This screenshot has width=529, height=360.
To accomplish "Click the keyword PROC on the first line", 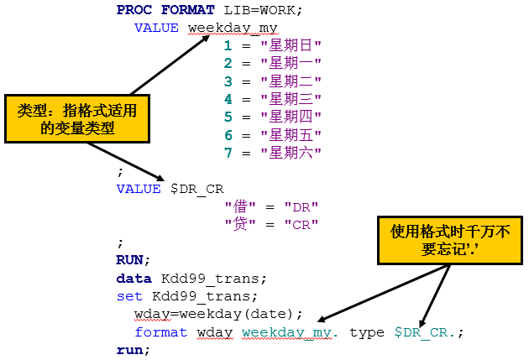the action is click(x=134, y=10).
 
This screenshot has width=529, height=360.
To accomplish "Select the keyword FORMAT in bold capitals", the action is click(x=187, y=10).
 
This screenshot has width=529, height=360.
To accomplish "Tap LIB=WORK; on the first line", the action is click(x=263, y=10).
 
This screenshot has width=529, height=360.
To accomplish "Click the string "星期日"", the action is click(x=291, y=45).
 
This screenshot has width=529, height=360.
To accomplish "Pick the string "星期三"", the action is click(x=291, y=99).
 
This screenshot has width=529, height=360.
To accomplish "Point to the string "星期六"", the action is click(x=291, y=153).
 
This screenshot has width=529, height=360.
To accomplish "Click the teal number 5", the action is click(x=228, y=117).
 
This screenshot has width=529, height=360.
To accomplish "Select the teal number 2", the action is click(x=228, y=64).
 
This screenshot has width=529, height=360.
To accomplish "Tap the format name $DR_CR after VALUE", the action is click(x=197, y=189).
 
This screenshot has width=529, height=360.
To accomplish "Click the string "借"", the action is click(x=240, y=206).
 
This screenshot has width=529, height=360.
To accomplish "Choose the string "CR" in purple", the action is click(x=301, y=225).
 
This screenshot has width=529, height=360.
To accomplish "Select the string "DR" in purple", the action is click(x=301, y=207).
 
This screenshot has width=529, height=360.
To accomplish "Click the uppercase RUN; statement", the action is click(x=133, y=260).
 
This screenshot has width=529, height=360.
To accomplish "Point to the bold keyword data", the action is click(x=134, y=279).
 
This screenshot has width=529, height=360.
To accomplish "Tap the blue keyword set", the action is click(x=129, y=296).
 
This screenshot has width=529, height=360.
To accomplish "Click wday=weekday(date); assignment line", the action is click(x=218, y=314).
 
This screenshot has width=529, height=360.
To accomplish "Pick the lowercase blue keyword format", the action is click(x=160, y=332).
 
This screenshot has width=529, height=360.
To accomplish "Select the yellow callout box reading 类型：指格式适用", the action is click(x=77, y=119).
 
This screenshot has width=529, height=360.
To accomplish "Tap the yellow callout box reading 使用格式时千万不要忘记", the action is click(x=450, y=240).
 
